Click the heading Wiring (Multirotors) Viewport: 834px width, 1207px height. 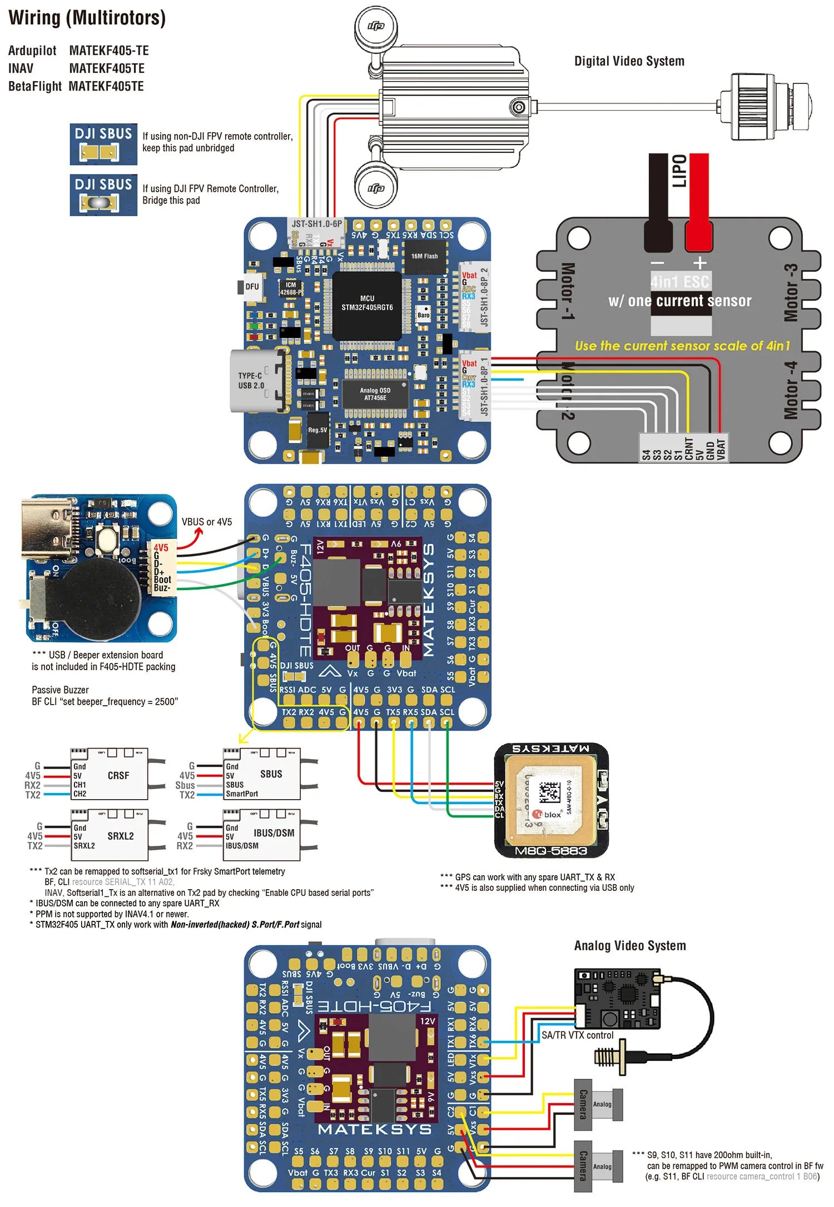[x=87, y=18]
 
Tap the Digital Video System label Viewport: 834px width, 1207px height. [x=629, y=61]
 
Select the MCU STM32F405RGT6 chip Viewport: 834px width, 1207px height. [x=367, y=305]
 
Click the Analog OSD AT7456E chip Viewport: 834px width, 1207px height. [x=375, y=394]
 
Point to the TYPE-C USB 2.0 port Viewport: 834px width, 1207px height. [x=257, y=381]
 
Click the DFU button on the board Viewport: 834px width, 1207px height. [x=251, y=287]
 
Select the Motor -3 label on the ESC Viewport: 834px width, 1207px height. [x=790, y=293]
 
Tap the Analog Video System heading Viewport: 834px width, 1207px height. [x=629, y=945]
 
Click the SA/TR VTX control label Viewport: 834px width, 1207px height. [x=577, y=1035]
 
